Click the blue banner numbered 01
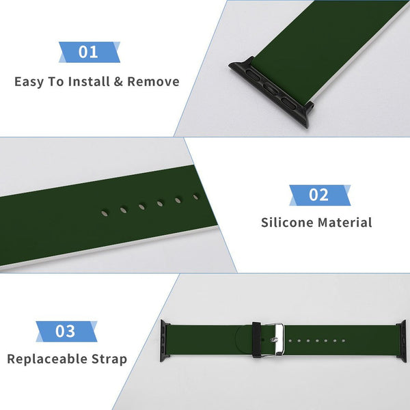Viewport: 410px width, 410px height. pyautogui.click(x=89, y=52)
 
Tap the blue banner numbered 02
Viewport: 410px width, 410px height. pyautogui.click(x=320, y=195)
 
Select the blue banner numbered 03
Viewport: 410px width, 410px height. pyautogui.click(x=66, y=331)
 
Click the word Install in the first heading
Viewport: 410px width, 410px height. pyautogui.click(x=89, y=81)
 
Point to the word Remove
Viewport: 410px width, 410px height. pyautogui.click(x=153, y=81)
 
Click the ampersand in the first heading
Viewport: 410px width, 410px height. pyautogui.click(x=118, y=81)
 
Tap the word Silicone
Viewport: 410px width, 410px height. pyautogui.click(x=287, y=223)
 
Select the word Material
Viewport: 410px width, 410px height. pyautogui.click(x=344, y=223)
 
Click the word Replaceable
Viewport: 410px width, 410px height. pyautogui.click(x=47, y=359)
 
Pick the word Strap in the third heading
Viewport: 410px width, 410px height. pyautogui.click(x=109, y=359)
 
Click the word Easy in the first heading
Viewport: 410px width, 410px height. pyautogui.click(x=29, y=81)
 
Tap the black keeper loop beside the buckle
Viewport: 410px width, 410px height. pyautogui.click(x=257, y=340)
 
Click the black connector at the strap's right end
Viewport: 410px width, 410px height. pyautogui.click(x=402, y=341)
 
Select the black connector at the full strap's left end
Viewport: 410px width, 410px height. pyautogui.click(x=165, y=341)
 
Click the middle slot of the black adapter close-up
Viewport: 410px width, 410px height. pyautogui.click(x=271, y=89)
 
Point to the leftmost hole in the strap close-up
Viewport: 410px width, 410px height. pyautogui.click(x=105, y=213)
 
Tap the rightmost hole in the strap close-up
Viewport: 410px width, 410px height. pyautogui.click(x=195, y=197)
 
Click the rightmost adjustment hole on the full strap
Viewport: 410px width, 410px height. pyautogui.click(x=344, y=341)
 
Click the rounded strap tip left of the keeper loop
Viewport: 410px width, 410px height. pyautogui.click(x=244, y=340)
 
